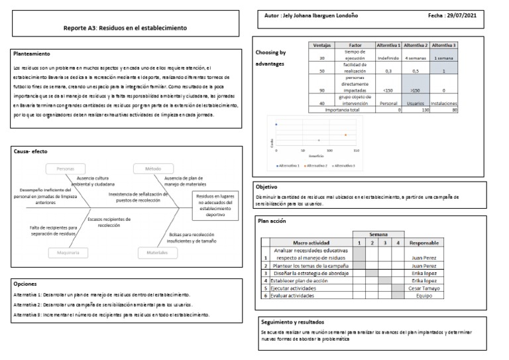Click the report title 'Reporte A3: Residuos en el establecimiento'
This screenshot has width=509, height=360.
(125, 29)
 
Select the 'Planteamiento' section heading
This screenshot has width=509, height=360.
(32, 53)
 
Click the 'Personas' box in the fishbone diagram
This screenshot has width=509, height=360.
(66, 169)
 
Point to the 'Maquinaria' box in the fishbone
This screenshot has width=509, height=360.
(66, 252)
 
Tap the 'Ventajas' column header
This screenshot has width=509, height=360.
(321, 44)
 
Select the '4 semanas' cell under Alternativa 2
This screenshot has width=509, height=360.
(416, 58)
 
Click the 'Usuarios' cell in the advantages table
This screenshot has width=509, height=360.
(416, 103)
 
